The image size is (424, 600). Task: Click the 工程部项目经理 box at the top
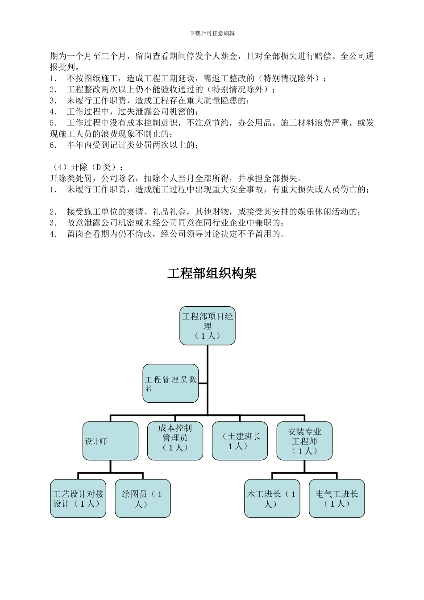(x=208, y=326)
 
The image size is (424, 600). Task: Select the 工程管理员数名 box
(x=170, y=383)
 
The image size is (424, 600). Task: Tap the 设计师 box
(x=110, y=441)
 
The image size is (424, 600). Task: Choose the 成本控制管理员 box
(x=175, y=441)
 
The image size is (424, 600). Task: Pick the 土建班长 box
(x=240, y=441)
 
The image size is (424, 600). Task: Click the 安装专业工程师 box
(x=304, y=441)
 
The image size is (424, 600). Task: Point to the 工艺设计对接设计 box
(x=78, y=499)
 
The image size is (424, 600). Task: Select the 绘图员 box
(x=143, y=499)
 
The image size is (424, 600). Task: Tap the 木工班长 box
(x=272, y=499)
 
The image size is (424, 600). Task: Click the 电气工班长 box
(x=337, y=499)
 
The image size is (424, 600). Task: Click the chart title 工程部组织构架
(x=212, y=273)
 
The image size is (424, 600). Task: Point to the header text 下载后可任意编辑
(x=212, y=33)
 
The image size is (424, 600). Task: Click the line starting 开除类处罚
(x=176, y=179)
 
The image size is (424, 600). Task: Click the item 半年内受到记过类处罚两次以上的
(x=129, y=145)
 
